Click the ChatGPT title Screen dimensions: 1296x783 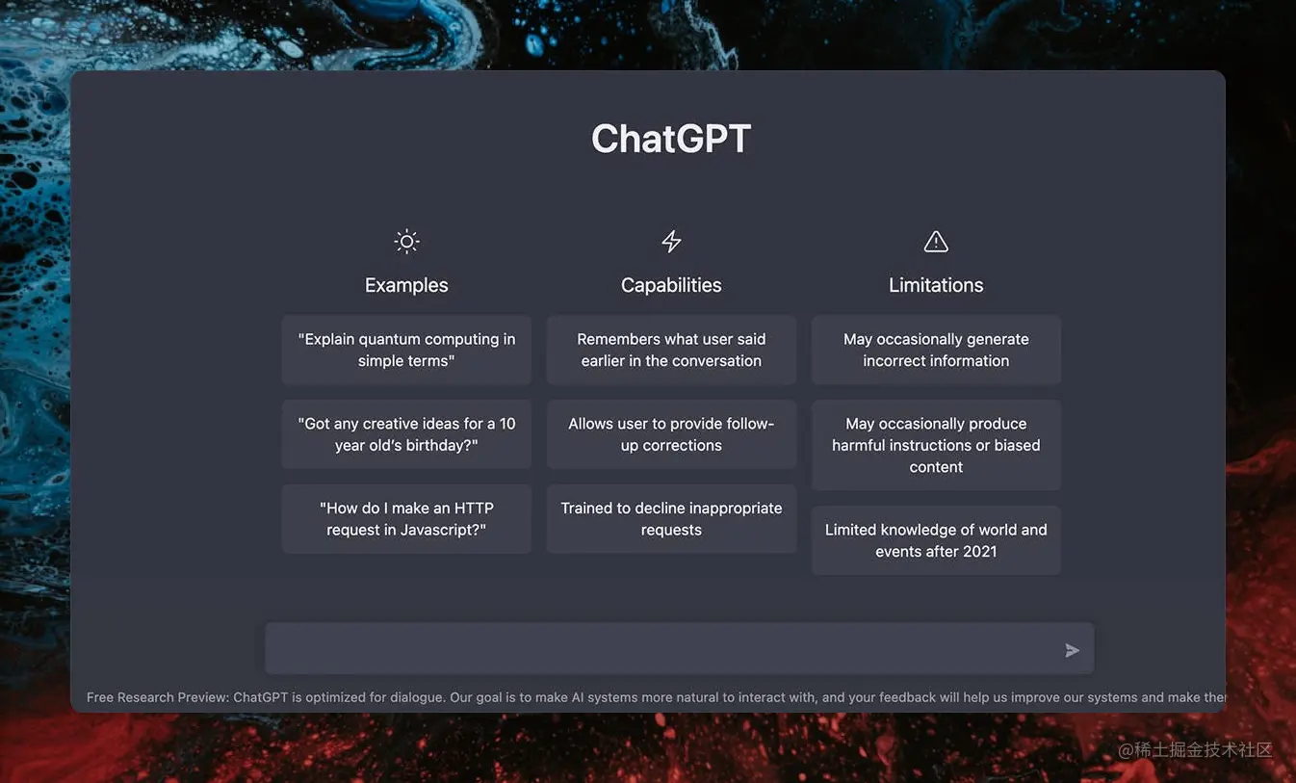click(x=671, y=139)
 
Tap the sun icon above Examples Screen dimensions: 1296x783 click(x=406, y=241)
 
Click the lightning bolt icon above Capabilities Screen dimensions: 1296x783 click(x=671, y=241)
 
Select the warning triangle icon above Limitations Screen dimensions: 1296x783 click(x=936, y=241)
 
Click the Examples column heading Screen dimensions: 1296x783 click(x=406, y=285)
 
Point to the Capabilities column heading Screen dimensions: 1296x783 click(x=671, y=285)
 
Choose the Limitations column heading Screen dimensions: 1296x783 click(x=936, y=285)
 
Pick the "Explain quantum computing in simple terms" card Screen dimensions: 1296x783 click(x=406, y=350)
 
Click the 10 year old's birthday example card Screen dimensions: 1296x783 click(x=406, y=434)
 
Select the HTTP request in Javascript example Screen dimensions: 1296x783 click(x=406, y=519)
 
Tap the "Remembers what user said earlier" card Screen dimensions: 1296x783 click(x=671, y=350)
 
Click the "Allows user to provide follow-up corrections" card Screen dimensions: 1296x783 click(x=671, y=434)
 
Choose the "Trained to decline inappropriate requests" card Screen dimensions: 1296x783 click(x=671, y=519)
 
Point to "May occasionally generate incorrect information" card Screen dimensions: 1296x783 click(x=936, y=350)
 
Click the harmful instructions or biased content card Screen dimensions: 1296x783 click(x=936, y=445)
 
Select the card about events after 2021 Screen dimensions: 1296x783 click(x=936, y=540)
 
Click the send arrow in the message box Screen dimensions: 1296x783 click(x=1072, y=651)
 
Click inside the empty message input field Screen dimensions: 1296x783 click(x=655, y=649)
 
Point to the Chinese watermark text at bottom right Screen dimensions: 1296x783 click(x=1195, y=749)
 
